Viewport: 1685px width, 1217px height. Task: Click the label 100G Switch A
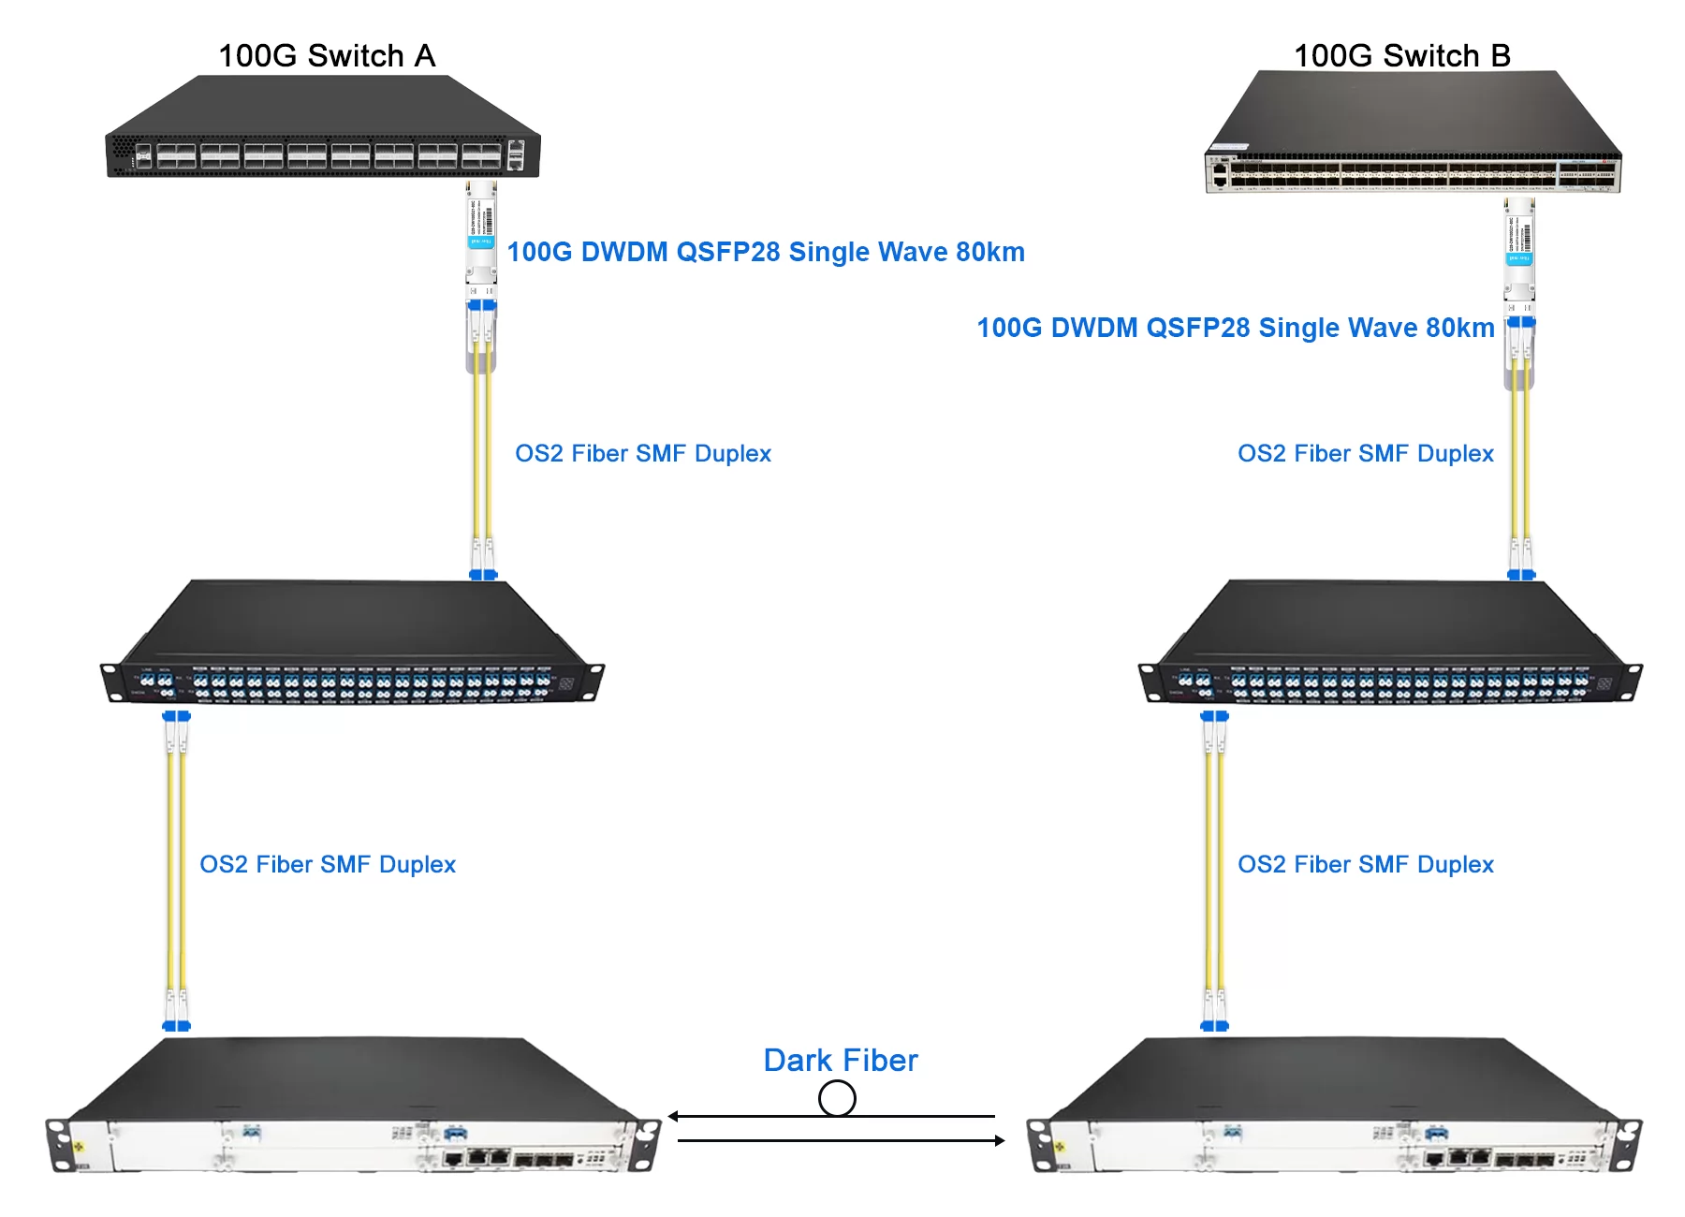pos(327,56)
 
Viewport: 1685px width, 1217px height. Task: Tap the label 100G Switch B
pos(1401,56)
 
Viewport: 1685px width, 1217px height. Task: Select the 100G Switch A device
pos(323,131)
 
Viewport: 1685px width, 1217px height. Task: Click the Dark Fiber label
pos(841,1060)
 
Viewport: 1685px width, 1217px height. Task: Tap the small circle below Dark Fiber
pos(837,1098)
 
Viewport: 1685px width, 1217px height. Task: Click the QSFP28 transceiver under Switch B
pos(1519,245)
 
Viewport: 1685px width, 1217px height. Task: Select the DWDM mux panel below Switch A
pos(352,646)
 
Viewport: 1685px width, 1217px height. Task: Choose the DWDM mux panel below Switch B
pos(1390,646)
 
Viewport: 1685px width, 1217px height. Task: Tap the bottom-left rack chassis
pos(354,1109)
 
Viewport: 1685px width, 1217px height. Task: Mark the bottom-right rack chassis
pos(1335,1109)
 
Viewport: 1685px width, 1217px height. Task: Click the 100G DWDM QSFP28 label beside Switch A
pos(766,252)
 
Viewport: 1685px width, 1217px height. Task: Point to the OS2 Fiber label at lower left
pos(328,864)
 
